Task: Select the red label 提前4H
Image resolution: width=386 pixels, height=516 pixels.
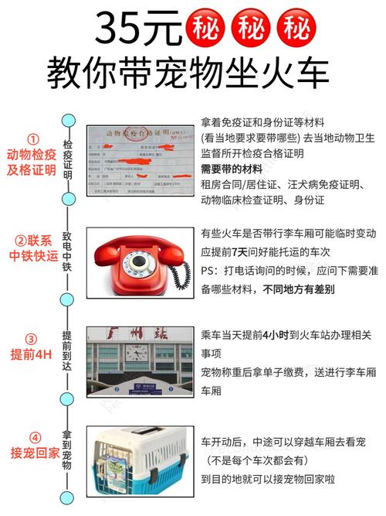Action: click(32, 355)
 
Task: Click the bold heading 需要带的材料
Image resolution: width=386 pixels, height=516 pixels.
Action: click(231, 169)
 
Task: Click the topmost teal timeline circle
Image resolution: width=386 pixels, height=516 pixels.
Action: click(69, 120)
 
